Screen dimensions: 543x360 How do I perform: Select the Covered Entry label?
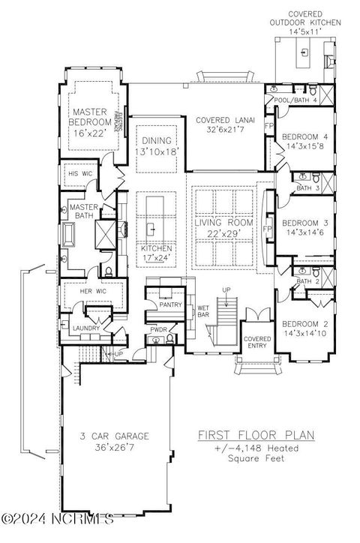257,342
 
